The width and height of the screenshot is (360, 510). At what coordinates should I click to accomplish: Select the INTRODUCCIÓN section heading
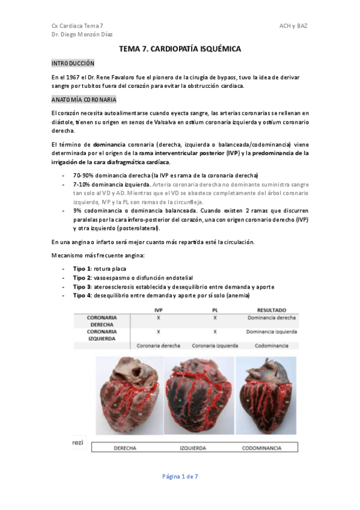tap(73, 63)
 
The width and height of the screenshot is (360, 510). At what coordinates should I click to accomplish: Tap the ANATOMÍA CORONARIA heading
tap(84, 100)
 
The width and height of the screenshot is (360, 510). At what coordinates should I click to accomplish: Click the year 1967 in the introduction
tap(72, 78)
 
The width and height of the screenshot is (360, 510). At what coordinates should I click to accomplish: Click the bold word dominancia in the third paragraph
tap(109, 145)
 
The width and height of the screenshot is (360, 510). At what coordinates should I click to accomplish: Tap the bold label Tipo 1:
tap(82, 268)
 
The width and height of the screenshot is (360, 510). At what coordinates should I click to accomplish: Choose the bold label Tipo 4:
tap(82, 295)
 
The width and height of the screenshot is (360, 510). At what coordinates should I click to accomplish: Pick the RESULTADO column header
tap(271, 309)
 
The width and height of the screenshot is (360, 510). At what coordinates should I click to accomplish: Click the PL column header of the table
tap(215, 309)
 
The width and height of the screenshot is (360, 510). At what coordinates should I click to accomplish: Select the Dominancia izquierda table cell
tap(271, 331)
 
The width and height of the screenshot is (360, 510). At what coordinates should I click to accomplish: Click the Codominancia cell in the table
tap(271, 346)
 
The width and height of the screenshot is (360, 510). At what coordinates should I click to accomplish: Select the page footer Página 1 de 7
tap(180, 476)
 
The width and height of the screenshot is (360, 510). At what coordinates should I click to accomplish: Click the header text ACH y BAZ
tap(293, 26)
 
